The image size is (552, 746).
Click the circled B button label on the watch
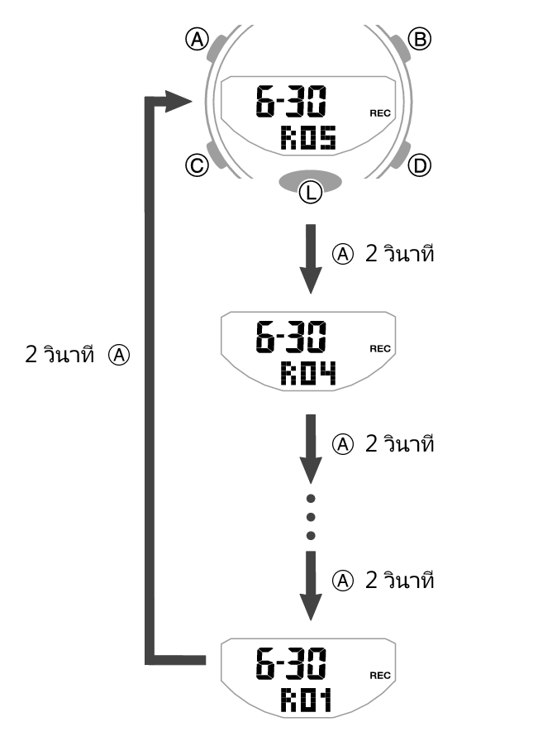coord(421,39)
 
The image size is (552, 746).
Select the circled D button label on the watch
coord(421,166)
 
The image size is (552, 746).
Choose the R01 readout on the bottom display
coord(305,701)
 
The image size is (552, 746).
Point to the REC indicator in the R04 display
coord(380,350)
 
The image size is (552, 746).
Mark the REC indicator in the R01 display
coord(380,675)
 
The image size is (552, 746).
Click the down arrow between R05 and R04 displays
coord(310,258)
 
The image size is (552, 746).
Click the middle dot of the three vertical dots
coord(311,517)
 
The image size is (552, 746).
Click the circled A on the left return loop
coord(121,356)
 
